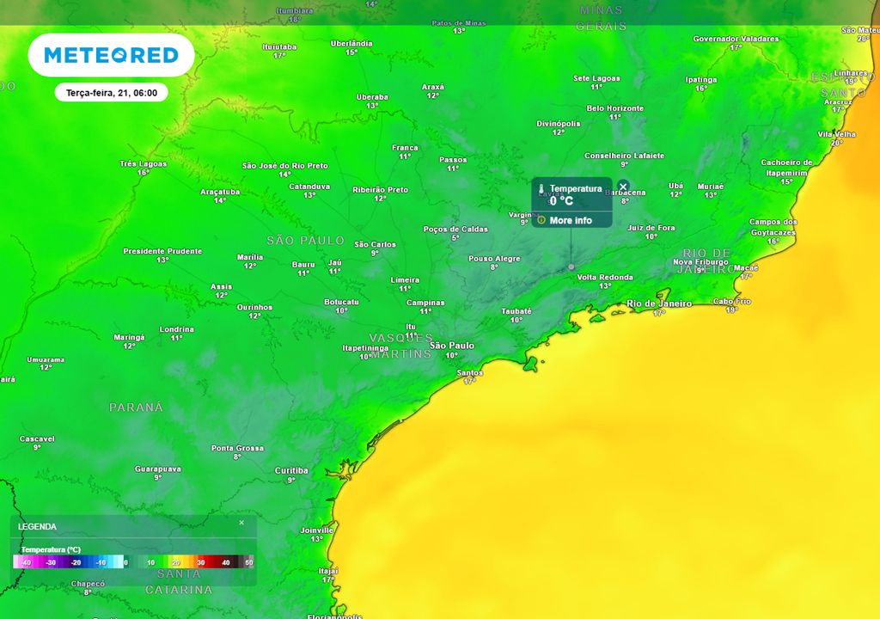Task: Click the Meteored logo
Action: pyautogui.click(x=111, y=56)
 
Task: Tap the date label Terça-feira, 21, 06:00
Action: pyautogui.click(x=111, y=92)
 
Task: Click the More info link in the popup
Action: pyautogui.click(x=571, y=220)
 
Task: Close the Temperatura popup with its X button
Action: pyautogui.click(x=623, y=186)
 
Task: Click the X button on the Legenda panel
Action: pyautogui.click(x=241, y=523)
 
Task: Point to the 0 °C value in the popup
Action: pyautogui.click(x=561, y=201)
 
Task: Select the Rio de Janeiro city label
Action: pyautogui.click(x=659, y=303)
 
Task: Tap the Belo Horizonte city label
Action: pyautogui.click(x=614, y=108)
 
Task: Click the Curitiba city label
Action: pyautogui.click(x=290, y=470)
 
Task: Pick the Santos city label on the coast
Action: pyautogui.click(x=470, y=373)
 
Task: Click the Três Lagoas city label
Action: pyautogui.click(x=144, y=163)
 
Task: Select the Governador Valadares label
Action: pyautogui.click(x=736, y=39)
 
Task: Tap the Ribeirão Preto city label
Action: pyautogui.click(x=380, y=190)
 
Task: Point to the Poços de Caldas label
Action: pyautogui.click(x=455, y=229)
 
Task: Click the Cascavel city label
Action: pyautogui.click(x=37, y=438)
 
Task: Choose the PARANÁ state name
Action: pyautogui.click(x=136, y=407)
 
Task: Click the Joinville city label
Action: pyautogui.click(x=316, y=530)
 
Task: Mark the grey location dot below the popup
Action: pyautogui.click(x=571, y=267)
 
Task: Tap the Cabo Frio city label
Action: pyautogui.click(x=731, y=301)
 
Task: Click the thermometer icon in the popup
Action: pyautogui.click(x=541, y=188)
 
